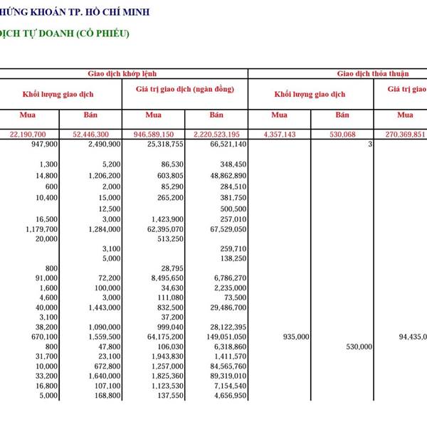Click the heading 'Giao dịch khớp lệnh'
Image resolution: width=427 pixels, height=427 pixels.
point(122,73)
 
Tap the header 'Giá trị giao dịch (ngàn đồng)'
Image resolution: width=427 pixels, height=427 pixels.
point(184,89)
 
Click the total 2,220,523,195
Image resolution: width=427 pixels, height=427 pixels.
point(216,134)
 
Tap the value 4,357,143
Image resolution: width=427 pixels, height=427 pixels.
point(284,134)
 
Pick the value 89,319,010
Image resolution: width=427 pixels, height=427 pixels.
point(224,375)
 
